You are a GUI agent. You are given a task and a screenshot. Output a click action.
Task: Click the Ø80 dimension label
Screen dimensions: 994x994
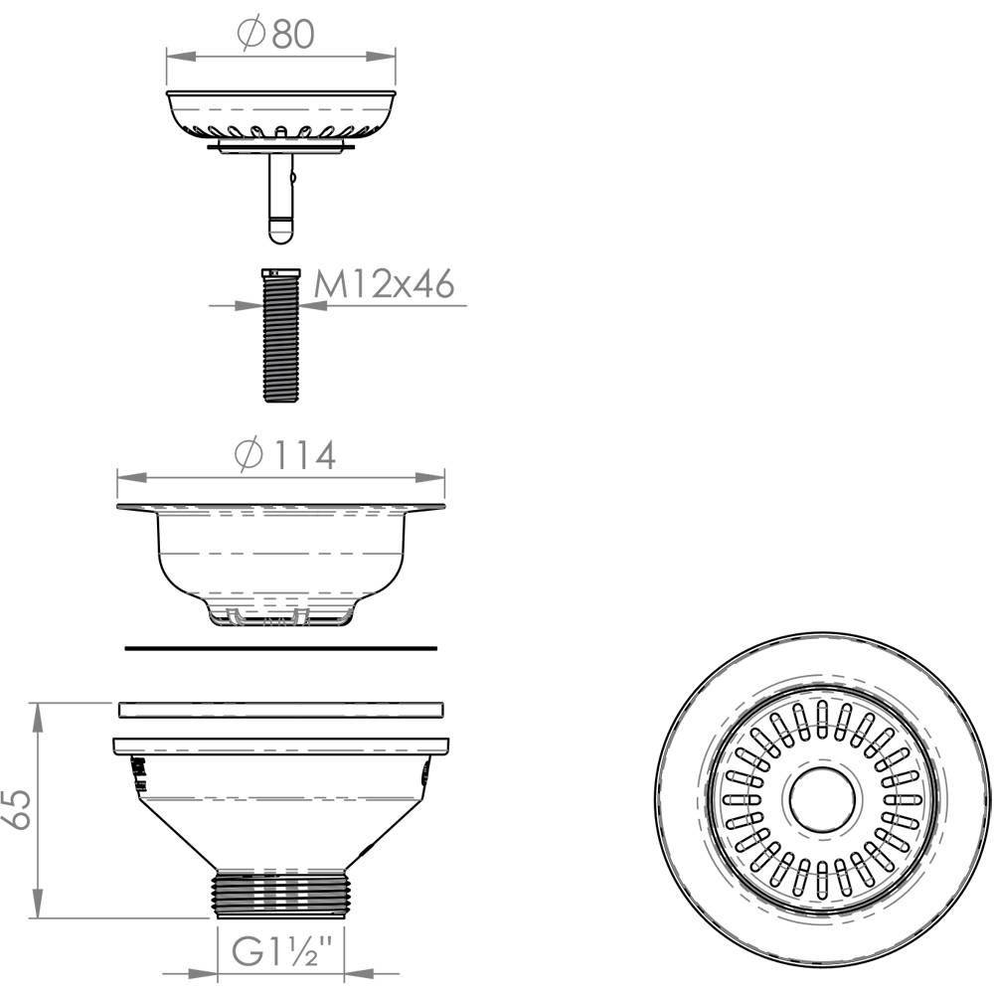(x=275, y=34)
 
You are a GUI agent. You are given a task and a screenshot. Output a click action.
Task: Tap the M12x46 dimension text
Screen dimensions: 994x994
(x=384, y=283)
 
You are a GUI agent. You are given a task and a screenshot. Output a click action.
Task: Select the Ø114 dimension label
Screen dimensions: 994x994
(x=284, y=454)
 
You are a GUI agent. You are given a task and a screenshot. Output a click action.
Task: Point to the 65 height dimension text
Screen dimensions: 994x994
(x=20, y=809)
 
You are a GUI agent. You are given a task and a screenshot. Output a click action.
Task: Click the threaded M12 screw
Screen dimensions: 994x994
(x=282, y=335)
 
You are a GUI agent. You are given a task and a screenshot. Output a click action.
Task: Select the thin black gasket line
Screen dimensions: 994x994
(x=281, y=648)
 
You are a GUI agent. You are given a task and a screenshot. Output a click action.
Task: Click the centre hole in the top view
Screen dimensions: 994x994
(x=822, y=800)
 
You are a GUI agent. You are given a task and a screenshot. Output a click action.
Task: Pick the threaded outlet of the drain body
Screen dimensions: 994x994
(x=281, y=895)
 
